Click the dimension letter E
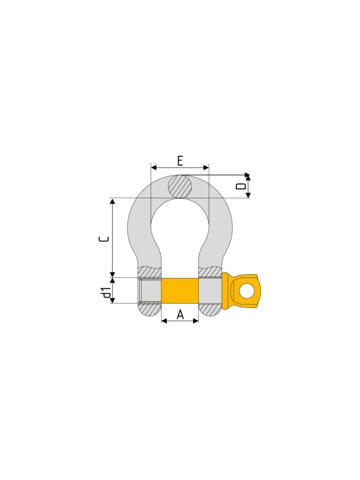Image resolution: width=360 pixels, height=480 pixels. coord(180,161)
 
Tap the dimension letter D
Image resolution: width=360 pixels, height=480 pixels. coord(241,186)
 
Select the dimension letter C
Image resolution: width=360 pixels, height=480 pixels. coord(104,240)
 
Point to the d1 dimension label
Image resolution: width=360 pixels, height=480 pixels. coord(107,292)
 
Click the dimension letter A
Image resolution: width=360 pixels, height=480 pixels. coord(181,314)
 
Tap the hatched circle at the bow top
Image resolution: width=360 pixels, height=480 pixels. coord(181,186)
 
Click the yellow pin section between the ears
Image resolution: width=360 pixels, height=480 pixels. coord(180,291)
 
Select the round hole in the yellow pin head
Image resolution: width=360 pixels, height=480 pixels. coord(246,291)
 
